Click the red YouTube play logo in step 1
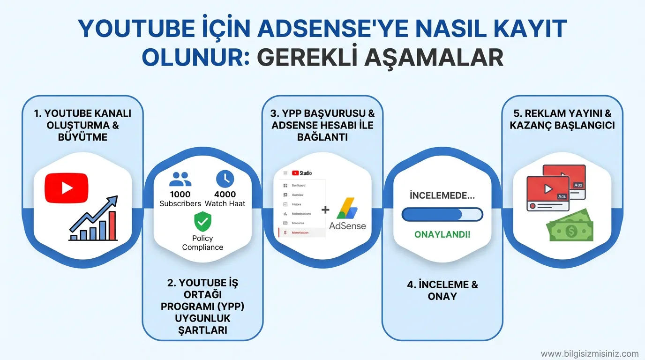point(66,188)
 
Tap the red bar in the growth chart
point(112,225)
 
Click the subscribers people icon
point(180,179)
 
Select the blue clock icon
point(225,179)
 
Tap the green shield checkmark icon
point(202,221)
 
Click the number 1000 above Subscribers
point(180,194)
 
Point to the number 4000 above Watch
point(225,194)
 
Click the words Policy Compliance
point(202,243)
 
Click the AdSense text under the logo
point(347,225)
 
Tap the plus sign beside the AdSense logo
point(325,210)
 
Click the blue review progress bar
point(442,215)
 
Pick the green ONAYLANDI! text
point(442,234)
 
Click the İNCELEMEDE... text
point(442,195)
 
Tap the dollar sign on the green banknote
point(571,231)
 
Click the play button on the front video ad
point(547,189)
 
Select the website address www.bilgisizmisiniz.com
point(590,353)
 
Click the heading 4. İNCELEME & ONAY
point(442,290)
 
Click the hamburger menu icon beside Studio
point(285,173)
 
